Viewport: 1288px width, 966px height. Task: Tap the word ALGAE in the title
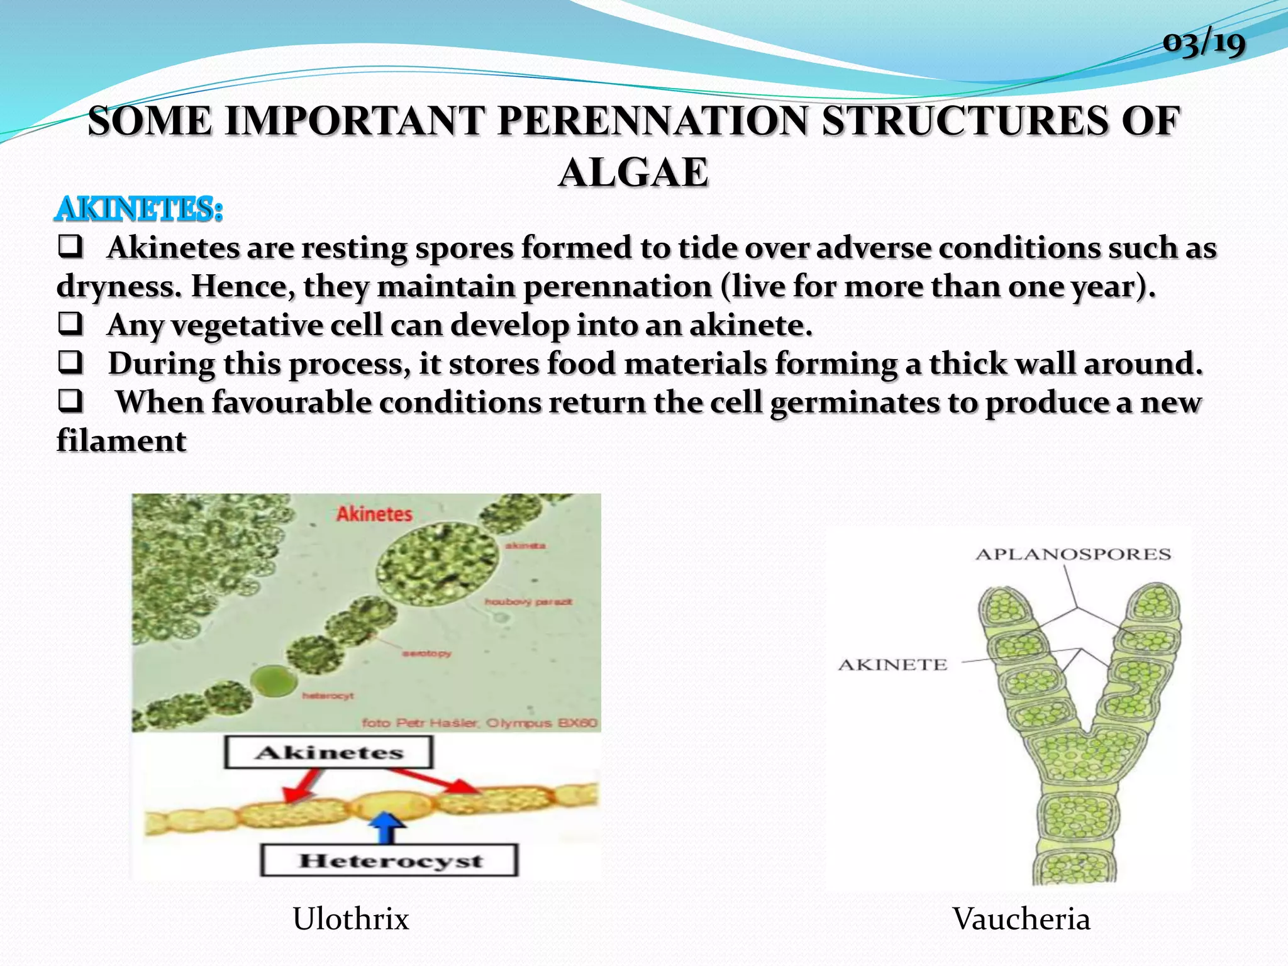[634, 172]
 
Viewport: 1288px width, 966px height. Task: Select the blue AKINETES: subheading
[139, 209]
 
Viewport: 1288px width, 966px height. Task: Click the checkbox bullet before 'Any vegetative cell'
[70, 324]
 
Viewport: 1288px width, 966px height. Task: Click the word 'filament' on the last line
[121, 440]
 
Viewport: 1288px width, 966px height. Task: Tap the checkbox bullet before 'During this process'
[70, 363]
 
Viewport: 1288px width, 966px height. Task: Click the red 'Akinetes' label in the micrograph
[374, 514]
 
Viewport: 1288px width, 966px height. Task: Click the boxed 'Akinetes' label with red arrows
[329, 752]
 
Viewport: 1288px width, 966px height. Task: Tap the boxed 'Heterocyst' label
[390, 860]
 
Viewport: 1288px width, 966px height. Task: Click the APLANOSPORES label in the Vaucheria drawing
[1073, 554]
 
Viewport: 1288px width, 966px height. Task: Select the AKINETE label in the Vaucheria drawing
[892, 665]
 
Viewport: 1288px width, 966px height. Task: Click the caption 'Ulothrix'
[351, 919]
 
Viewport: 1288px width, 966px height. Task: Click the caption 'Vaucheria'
[1021, 919]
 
